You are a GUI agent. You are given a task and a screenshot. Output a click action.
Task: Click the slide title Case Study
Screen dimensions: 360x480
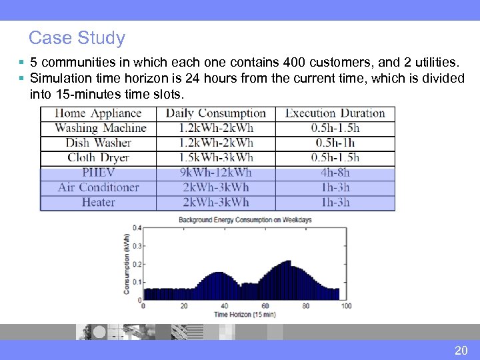click(77, 38)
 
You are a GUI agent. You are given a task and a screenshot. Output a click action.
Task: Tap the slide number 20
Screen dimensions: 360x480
click(461, 351)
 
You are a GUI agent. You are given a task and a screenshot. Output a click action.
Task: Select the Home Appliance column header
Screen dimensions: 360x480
click(98, 113)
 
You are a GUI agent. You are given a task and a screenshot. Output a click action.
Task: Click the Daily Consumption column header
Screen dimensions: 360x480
click(215, 113)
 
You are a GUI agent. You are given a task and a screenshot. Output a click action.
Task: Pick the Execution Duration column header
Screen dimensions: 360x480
click(335, 113)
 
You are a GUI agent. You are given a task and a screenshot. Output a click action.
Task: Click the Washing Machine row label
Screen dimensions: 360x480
click(100, 128)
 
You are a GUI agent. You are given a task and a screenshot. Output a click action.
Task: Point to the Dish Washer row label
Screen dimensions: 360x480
click(98, 143)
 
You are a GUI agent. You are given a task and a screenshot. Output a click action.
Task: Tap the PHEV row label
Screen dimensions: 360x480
click(98, 173)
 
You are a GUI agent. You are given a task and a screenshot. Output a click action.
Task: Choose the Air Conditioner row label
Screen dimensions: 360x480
click(98, 187)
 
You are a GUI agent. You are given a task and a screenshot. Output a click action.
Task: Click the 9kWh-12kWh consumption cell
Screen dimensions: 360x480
click(215, 173)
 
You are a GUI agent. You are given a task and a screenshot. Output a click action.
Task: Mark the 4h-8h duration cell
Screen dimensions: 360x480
click(335, 173)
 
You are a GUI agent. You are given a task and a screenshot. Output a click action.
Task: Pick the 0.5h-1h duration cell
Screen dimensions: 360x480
click(335, 143)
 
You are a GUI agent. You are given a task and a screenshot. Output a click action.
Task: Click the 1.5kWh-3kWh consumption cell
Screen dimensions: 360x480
click(215, 158)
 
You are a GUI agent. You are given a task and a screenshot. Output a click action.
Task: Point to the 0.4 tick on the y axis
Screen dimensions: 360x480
click(137, 228)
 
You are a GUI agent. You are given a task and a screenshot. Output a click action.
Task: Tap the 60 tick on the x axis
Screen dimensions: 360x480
click(265, 306)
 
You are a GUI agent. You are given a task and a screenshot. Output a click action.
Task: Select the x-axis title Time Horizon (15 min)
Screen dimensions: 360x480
click(245, 314)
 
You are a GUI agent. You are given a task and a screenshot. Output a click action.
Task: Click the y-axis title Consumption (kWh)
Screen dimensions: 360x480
click(127, 263)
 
